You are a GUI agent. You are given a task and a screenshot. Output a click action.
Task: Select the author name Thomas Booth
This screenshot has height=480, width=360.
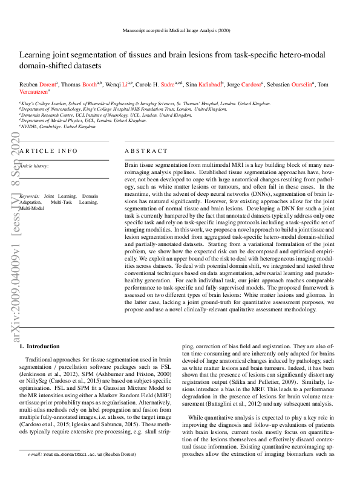(80, 85)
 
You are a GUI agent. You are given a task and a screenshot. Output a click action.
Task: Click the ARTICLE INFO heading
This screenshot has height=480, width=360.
(48, 151)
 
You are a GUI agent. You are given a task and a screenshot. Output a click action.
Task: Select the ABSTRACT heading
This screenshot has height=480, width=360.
(146, 151)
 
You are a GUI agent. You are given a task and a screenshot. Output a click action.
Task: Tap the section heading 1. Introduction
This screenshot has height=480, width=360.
(39, 346)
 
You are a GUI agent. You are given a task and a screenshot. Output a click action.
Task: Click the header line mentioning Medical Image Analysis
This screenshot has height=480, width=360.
(180, 29)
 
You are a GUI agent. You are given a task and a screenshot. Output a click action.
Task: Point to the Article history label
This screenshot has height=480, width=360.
(34, 165)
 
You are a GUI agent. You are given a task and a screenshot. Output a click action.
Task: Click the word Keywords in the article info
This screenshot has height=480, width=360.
(30, 196)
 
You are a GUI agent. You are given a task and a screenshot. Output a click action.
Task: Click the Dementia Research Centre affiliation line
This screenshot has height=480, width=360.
(106, 115)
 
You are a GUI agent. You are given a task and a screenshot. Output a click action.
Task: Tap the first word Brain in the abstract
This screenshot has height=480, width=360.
(132, 165)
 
